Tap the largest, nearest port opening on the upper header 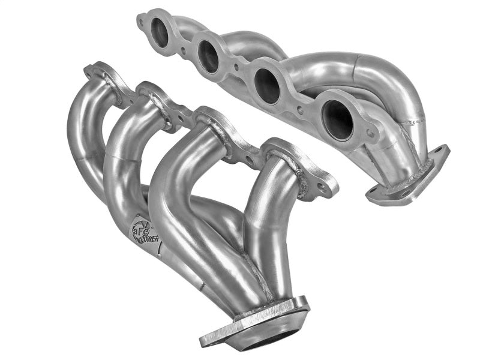[x=338, y=118]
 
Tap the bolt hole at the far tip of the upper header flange [x=142, y=22]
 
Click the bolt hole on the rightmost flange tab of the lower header [x=323, y=187]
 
